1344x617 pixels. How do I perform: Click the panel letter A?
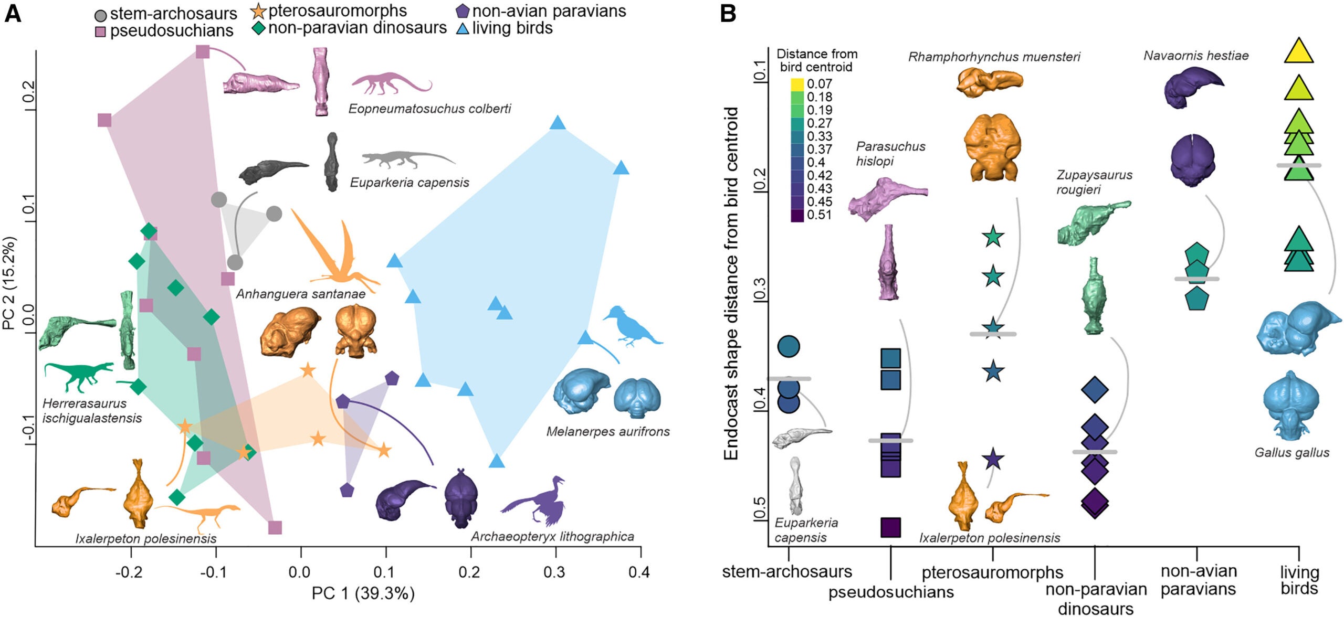pos(13,13)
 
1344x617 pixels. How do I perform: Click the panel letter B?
pos(728,13)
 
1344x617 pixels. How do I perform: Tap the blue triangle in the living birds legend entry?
pos(463,28)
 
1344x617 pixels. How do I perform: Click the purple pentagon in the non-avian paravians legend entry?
pos(463,10)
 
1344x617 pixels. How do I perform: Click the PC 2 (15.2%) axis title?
pos(10,283)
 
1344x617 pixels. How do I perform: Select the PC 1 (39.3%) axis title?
pos(363,593)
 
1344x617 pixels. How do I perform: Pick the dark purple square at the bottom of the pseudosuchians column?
pos(890,527)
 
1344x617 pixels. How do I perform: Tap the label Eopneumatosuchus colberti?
pos(429,109)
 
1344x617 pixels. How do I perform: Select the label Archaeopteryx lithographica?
pos(552,537)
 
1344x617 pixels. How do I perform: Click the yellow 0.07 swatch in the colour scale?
pos(797,84)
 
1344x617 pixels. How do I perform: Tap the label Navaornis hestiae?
pos(1196,56)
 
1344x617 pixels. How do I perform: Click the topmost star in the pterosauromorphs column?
pos(993,237)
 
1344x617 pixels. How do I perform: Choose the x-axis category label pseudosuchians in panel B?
pos(891,592)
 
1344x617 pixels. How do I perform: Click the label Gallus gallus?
pos(1291,452)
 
